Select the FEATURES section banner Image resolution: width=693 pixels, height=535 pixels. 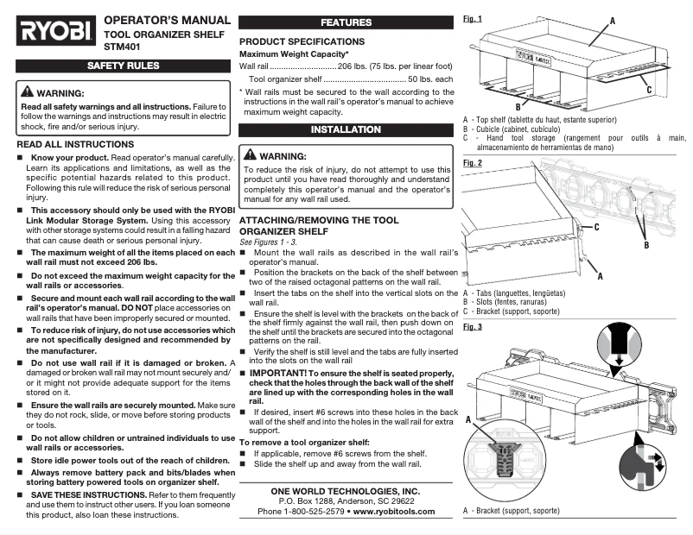(346, 22)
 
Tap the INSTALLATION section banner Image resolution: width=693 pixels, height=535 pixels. (346, 130)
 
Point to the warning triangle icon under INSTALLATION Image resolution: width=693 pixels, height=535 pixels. (251, 156)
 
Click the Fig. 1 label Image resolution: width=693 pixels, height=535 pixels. (473, 18)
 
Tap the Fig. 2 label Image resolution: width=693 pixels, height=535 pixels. (473, 162)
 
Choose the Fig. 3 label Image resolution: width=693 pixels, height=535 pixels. (473, 327)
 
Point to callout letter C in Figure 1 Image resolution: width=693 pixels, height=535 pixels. (648, 89)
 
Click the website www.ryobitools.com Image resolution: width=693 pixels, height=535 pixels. (394, 511)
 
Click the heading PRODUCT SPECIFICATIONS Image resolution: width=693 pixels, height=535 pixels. (302, 41)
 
